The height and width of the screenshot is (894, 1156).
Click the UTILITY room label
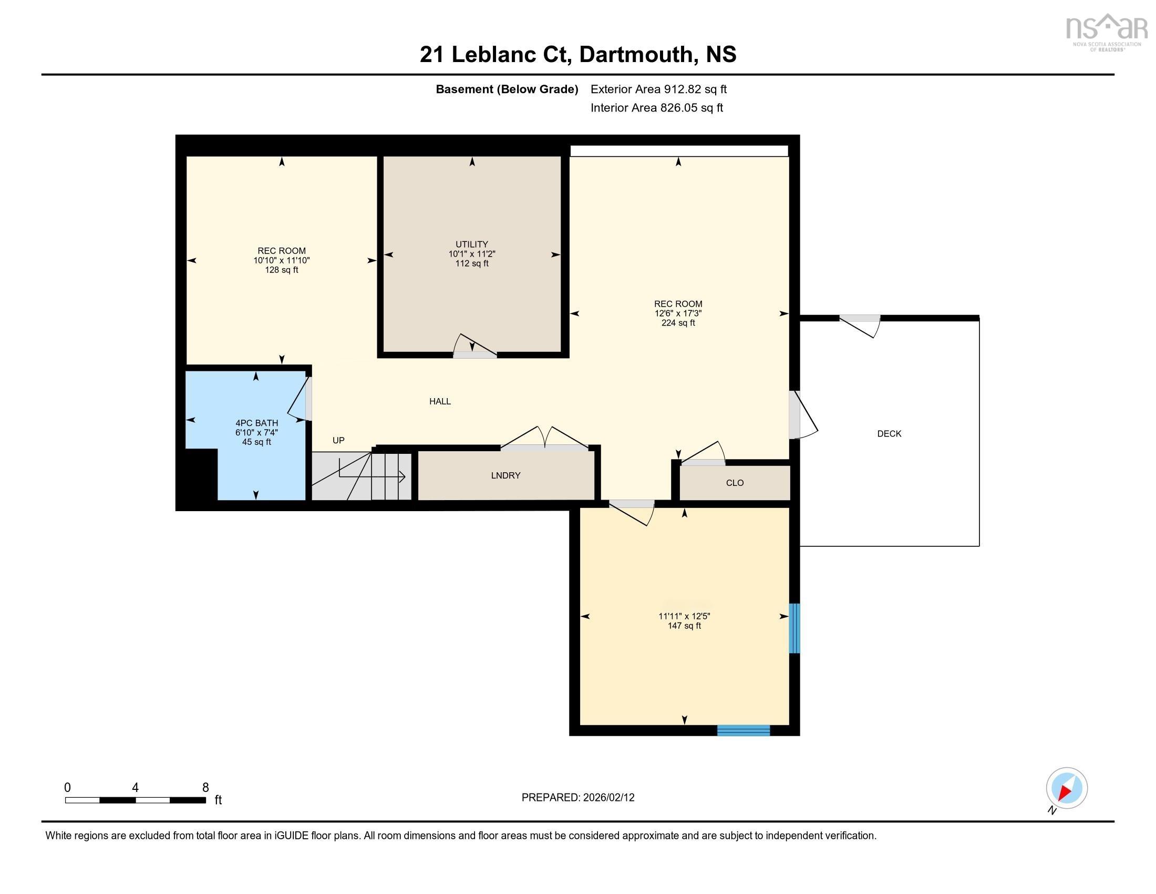[472, 244]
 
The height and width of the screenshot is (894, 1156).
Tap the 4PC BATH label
[257, 423]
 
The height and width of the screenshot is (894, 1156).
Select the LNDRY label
[505, 475]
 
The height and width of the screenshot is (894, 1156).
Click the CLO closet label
[735, 482]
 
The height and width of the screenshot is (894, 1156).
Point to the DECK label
[889, 433]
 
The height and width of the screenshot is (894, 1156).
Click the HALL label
[440, 401]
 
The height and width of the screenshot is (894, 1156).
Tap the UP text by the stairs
[338, 440]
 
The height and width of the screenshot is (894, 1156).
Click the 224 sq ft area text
[678, 322]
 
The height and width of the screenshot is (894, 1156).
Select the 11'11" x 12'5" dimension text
[684, 616]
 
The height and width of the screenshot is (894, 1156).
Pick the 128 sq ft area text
[281, 270]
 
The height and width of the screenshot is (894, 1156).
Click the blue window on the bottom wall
[743, 730]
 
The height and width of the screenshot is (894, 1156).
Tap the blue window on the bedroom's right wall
[794, 628]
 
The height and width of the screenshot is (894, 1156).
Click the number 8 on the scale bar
[205, 787]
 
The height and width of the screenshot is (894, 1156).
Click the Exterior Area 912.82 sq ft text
[658, 89]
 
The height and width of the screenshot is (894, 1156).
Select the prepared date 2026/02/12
[577, 797]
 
